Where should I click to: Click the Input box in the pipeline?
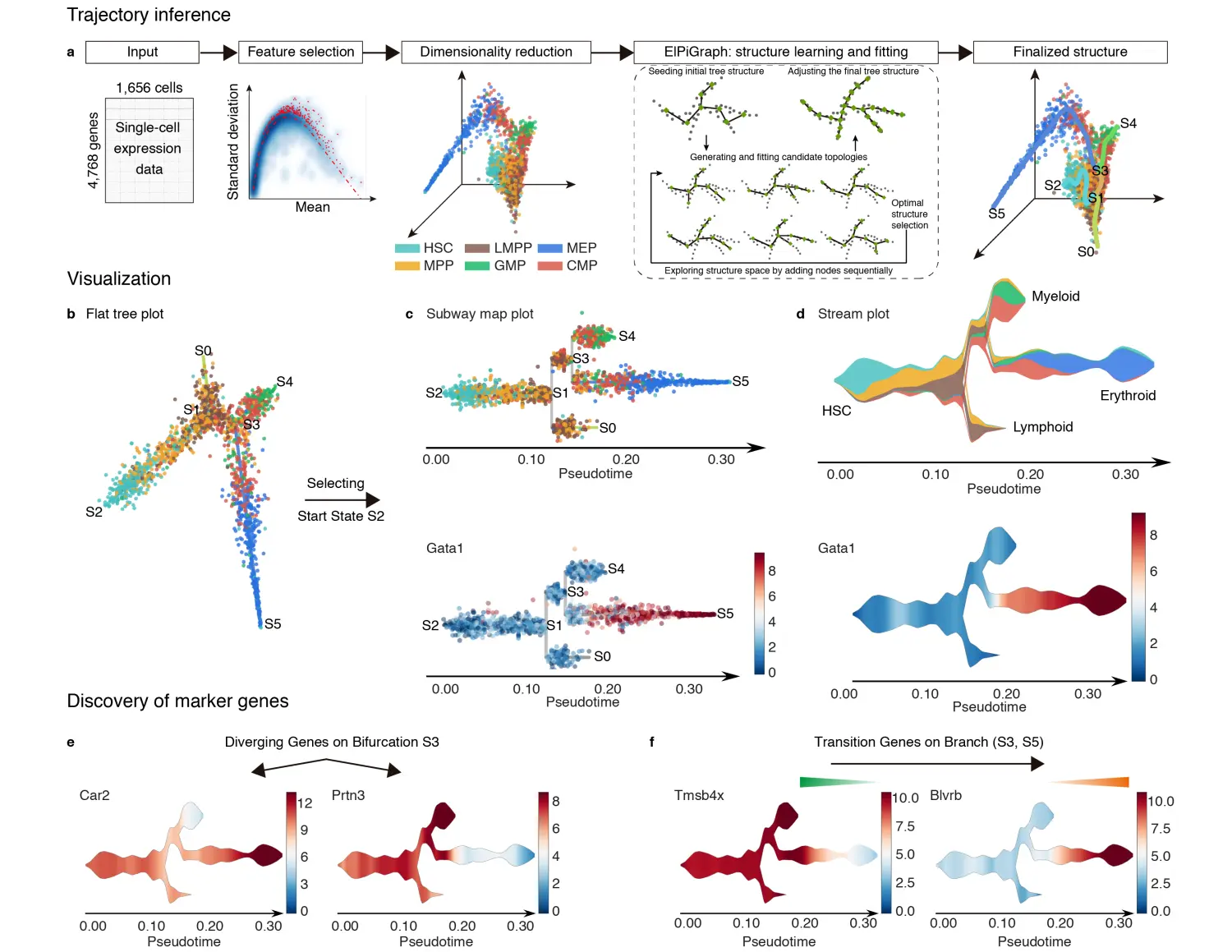click(142, 52)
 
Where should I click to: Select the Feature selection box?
click(301, 52)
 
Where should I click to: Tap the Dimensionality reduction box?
click(496, 52)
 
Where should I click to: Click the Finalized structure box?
click(1069, 52)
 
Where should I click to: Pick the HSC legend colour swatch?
click(407, 248)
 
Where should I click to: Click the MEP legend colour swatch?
click(549, 248)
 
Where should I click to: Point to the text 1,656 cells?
click(149, 88)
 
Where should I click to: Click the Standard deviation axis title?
click(233, 142)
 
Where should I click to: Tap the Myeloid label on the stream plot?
click(1055, 297)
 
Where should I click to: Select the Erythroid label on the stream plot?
click(1128, 396)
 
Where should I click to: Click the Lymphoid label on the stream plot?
click(1042, 427)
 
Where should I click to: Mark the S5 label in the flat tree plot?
click(273, 624)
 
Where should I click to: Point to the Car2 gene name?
click(94, 795)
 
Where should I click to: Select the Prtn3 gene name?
click(348, 795)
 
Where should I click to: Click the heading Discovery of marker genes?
click(177, 701)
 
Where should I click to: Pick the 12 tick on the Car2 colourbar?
click(305, 803)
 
